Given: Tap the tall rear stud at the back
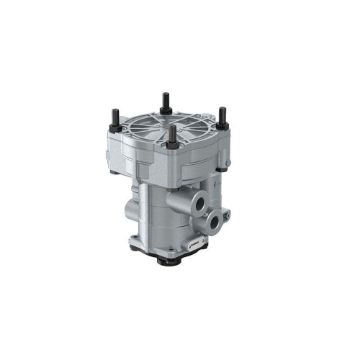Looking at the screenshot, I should (165, 100).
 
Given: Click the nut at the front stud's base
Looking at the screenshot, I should (173, 145).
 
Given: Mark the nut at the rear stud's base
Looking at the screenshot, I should (165, 110).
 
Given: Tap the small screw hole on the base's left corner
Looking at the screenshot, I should (135, 240).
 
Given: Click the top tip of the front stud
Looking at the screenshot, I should (173, 127).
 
